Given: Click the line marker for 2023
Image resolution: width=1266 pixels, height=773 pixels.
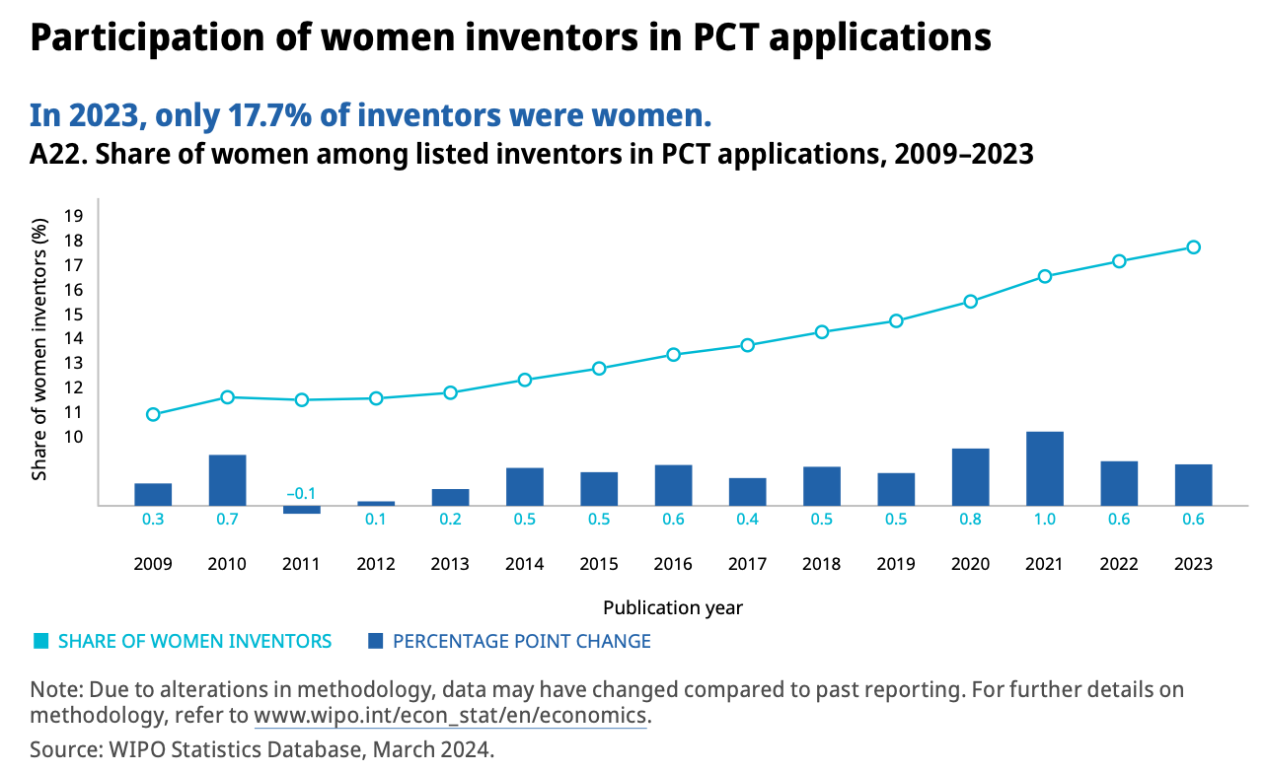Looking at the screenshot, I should [x=1193, y=247].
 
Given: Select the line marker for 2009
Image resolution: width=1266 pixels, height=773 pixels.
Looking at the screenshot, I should [x=153, y=414].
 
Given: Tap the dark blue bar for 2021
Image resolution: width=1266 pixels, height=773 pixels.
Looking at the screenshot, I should [x=1044, y=468].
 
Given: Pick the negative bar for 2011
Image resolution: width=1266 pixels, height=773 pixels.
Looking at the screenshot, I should [x=302, y=510].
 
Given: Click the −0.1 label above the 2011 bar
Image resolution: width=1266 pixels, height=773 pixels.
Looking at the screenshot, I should [x=301, y=493].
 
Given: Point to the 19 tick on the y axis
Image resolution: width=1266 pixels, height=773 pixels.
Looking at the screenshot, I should [x=73, y=216].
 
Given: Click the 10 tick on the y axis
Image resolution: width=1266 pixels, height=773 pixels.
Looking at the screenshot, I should [x=73, y=437].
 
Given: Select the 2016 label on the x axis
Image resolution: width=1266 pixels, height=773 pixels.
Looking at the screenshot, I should [x=673, y=564].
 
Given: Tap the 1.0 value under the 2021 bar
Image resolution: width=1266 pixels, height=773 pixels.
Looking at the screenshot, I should [x=1044, y=520].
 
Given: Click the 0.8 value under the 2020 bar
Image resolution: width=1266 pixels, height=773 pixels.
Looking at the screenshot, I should [x=970, y=520].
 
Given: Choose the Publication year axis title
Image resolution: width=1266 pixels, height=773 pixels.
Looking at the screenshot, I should [x=673, y=607].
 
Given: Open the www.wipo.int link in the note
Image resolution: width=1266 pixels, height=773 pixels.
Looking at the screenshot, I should [x=450, y=715].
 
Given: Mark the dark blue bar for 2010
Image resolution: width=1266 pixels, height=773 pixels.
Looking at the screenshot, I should [x=227, y=480].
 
